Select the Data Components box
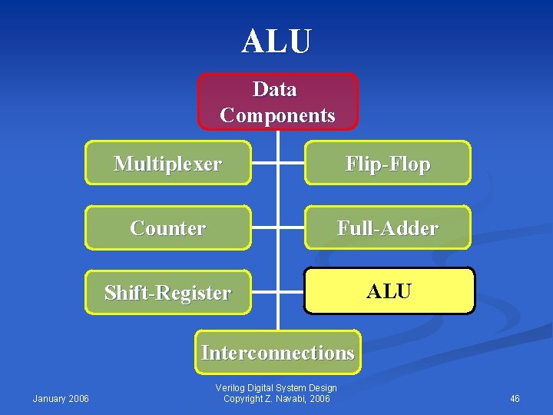[x=277, y=101]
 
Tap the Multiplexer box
[x=167, y=163]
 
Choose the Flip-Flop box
[x=388, y=163]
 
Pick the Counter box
[x=167, y=228]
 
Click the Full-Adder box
[x=388, y=228]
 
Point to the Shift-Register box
[x=167, y=293]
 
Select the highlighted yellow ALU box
[x=389, y=291]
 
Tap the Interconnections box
[x=277, y=353]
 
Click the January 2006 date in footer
[x=61, y=398]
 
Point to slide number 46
[x=515, y=398]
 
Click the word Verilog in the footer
[x=231, y=388]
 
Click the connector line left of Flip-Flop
[x=292, y=163]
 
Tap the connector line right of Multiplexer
[x=263, y=163]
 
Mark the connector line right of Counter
[x=263, y=228]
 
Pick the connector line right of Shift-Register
[x=263, y=293]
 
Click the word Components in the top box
[x=277, y=115]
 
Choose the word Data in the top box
[x=275, y=89]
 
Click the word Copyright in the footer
[x=243, y=398]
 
